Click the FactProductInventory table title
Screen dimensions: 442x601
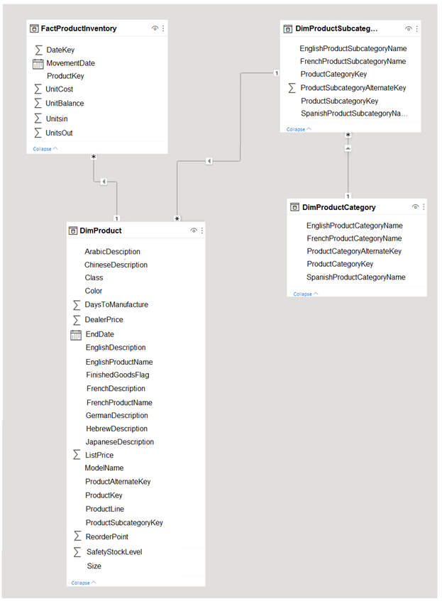point(79,28)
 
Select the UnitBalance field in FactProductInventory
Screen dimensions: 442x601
point(65,103)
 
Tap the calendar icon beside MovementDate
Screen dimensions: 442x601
point(38,64)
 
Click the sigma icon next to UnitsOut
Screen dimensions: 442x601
point(38,133)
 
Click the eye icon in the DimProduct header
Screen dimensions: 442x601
point(194,231)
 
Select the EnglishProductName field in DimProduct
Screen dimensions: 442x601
point(119,362)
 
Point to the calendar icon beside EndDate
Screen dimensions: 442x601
point(76,335)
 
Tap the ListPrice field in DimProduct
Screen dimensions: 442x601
point(99,455)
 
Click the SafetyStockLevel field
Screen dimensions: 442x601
point(114,551)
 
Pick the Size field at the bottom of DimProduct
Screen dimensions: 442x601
point(94,566)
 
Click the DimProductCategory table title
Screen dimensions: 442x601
point(339,207)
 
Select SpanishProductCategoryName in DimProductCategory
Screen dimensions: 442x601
point(355,277)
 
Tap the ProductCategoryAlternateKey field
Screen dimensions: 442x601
point(354,251)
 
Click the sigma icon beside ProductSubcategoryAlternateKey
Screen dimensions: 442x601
point(292,88)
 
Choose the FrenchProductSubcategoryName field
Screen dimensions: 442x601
point(353,61)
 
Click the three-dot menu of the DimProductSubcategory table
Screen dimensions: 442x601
point(416,29)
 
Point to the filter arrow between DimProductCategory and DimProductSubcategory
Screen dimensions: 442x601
point(348,148)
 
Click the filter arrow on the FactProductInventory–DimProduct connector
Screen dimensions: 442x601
point(104,182)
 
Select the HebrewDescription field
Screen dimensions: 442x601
point(116,429)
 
